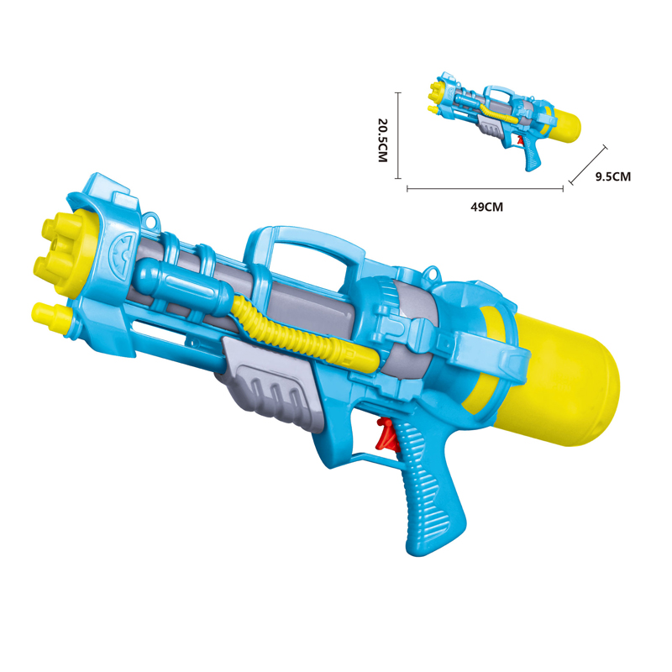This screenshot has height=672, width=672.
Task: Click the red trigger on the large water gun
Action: click(387, 435)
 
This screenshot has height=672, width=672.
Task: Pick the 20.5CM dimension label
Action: click(382, 140)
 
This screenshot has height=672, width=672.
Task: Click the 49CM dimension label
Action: click(486, 207)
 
